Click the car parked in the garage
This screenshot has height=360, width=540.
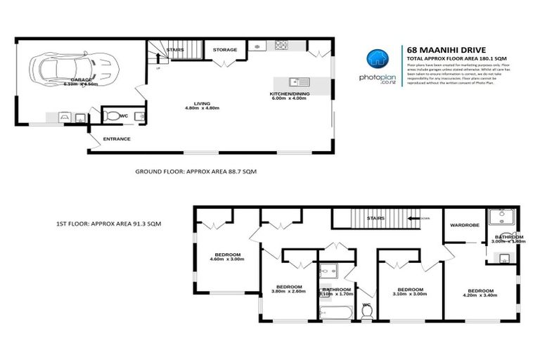[x=75, y=69]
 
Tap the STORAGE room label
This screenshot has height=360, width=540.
[x=226, y=50]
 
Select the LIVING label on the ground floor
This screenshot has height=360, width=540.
[x=202, y=104]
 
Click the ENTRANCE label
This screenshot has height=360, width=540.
[x=117, y=139]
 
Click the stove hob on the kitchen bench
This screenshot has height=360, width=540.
[x=281, y=46]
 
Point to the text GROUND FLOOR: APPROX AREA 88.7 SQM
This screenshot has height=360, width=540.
[x=191, y=171]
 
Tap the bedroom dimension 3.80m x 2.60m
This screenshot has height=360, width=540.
[x=289, y=290]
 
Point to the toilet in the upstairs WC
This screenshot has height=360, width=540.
[x=366, y=310]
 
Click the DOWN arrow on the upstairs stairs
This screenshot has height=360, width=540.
[x=424, y=219]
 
